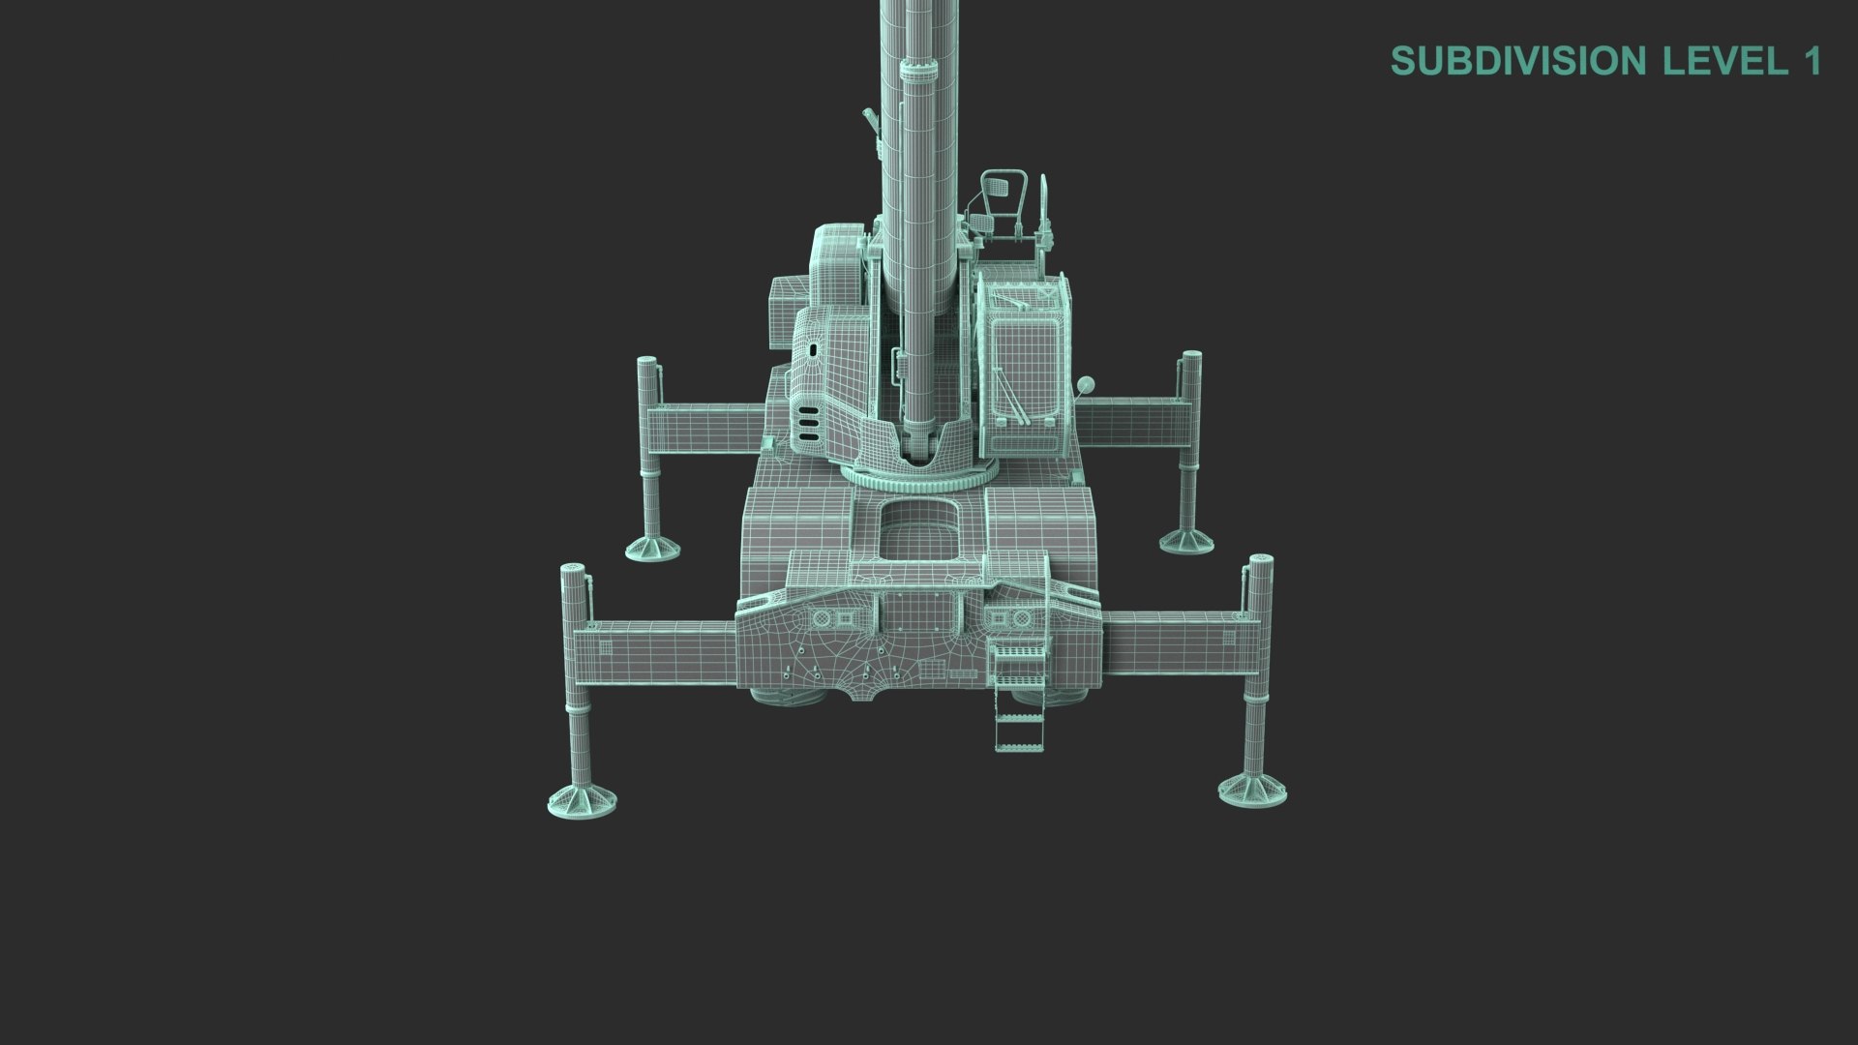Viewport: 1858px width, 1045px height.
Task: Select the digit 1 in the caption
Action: (x=1813, y=61)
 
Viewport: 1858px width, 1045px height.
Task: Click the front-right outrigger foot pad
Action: (x=1252, y=788)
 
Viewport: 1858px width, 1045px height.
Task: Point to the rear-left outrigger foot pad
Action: (x=654, y=549)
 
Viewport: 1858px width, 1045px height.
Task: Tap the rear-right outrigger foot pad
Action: (x=1186, y=540)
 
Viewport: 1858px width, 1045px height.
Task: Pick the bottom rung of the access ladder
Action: (x=1020, y=746)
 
